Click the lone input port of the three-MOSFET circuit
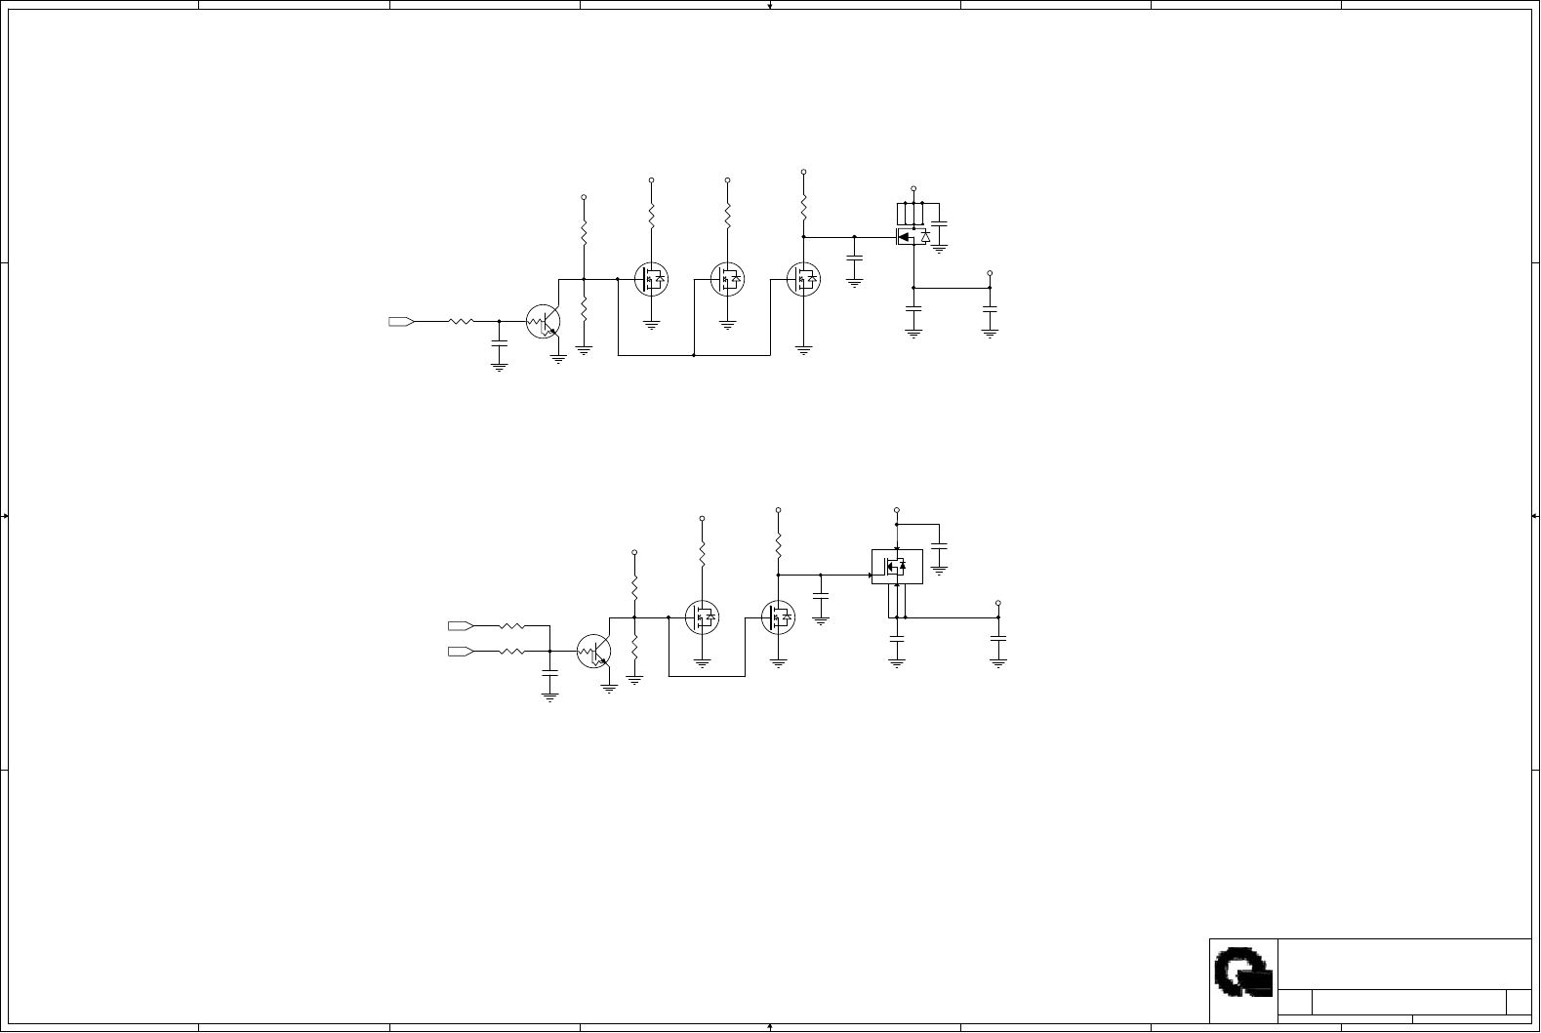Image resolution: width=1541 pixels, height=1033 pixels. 401,321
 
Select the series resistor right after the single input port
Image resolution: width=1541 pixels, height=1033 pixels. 461,321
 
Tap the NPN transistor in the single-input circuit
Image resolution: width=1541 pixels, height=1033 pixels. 544,322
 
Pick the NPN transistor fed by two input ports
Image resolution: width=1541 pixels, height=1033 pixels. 594,652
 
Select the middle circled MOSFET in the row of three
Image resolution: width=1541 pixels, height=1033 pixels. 727,280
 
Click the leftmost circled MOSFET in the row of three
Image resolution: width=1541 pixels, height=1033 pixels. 651,280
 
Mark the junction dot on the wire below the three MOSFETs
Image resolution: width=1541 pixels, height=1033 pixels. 694,355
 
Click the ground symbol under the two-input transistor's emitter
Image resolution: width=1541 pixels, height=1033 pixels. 609,688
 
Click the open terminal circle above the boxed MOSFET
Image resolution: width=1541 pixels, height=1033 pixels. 897,510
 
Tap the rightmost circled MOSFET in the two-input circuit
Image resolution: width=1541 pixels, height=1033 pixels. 778,617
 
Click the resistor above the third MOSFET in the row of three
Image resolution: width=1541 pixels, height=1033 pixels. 803,206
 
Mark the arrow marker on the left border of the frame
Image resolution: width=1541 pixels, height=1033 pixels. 6,516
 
